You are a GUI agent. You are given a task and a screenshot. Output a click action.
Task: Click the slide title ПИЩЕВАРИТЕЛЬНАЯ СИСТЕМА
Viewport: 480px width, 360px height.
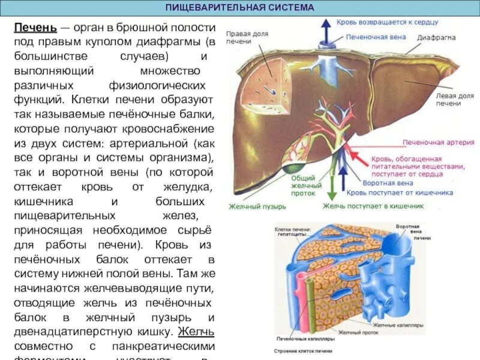point(239,8)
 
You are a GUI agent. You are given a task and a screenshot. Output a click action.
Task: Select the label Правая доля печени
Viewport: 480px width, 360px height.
point(238,38)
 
